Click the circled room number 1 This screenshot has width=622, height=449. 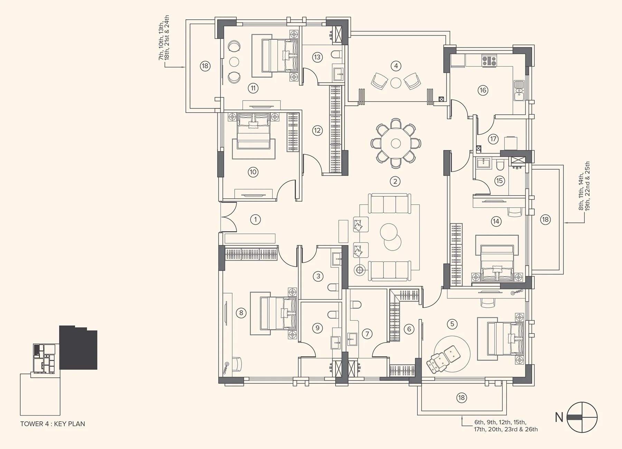point(255,219)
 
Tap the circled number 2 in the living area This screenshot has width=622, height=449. point(395,181)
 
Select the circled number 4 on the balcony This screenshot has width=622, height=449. point(396,66)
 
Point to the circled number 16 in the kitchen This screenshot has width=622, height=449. point(483,91)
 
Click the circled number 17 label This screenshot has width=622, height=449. point(493,139)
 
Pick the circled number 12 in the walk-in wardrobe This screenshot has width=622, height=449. point(317,131)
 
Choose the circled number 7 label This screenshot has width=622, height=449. point(367,334)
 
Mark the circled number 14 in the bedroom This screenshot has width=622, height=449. point(496,221)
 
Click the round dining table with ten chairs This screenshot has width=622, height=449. point(396,143)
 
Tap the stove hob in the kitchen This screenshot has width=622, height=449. point(489,61)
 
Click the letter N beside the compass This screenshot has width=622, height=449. point(559,418)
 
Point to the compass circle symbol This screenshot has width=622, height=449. point(582,417)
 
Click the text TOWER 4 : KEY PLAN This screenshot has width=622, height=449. point(53,424)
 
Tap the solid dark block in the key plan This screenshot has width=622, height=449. point(78,347)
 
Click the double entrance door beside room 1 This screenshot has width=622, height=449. point(229,217)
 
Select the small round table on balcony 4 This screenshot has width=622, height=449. point(396,83)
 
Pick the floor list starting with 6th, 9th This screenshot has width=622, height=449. point(506,426)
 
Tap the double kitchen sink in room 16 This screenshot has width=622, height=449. point(519,90)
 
